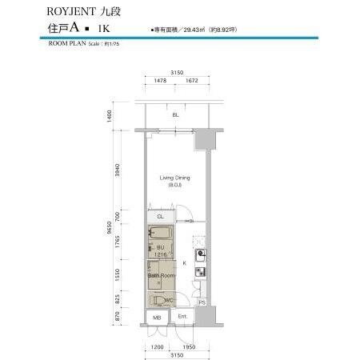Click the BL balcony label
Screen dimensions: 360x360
pyautogui.click(x=175, y=115)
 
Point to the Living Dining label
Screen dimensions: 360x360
pyautogui.click(x=174, y=178)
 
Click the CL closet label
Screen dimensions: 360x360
pyautogui.click(x=160, y=217)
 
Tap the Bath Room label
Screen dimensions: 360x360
pyautogui.click(x=160, y=276)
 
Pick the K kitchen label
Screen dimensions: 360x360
pyautogui.click(x=186, y=262)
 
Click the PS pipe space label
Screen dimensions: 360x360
pyautogui.click(x=202, y=302)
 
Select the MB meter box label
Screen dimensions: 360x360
pyautogui.click(x=157, y=318)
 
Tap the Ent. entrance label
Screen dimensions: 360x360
pyautogui.click(x=182, y=318)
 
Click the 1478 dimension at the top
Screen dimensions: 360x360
pyautogui.click(x=160, y=81)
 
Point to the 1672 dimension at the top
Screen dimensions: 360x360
pyautogui.click(x=191, y=81)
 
